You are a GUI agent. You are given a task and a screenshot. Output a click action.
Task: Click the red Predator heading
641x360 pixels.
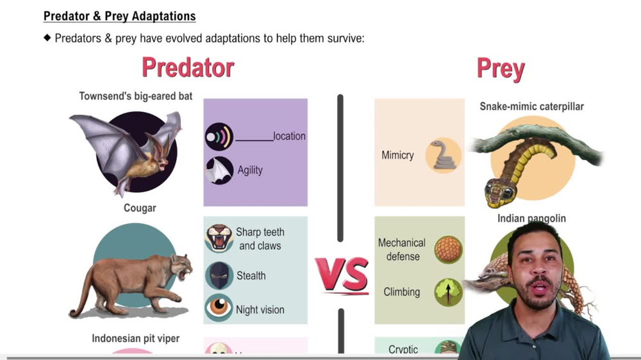188,68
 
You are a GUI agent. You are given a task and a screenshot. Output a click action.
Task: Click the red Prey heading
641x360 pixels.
501,69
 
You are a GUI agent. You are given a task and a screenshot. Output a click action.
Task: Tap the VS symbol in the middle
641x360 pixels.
342,275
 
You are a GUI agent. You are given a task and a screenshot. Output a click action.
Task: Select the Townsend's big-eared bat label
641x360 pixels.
136,97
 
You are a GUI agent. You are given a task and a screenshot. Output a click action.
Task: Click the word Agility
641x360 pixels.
250,170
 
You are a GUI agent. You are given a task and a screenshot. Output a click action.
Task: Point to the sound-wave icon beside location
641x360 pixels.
219,136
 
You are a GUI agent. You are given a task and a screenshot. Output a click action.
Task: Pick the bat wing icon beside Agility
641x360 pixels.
219,170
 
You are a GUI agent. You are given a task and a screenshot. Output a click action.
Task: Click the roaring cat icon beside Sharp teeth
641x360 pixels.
219,238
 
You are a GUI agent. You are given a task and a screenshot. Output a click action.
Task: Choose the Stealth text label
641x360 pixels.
251,275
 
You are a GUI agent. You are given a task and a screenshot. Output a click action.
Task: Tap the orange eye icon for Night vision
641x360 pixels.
219,308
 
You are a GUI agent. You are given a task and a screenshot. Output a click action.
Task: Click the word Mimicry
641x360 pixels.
397,155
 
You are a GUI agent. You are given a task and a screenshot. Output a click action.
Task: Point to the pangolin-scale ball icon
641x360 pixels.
448,249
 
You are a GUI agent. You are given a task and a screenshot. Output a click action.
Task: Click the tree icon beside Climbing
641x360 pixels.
448,291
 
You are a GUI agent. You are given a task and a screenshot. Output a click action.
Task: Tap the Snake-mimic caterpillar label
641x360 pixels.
531,106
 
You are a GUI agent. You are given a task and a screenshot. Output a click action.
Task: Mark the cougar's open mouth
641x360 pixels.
187,273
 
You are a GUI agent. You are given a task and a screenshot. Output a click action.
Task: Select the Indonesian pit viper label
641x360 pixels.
135,338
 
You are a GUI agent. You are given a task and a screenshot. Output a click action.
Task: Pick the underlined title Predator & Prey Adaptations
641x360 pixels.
120,16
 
